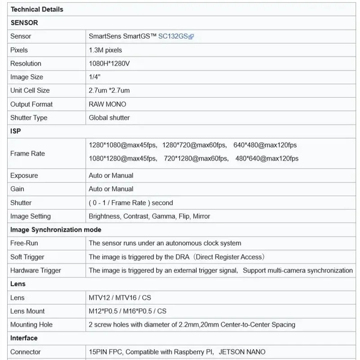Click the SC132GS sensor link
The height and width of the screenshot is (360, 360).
173,36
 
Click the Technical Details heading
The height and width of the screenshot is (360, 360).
37,9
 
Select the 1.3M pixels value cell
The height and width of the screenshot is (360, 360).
105,50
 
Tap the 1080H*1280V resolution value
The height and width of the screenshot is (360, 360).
109,63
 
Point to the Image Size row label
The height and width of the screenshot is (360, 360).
27,77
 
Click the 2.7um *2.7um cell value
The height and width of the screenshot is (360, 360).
109,90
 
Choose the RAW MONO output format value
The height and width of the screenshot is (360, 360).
107,104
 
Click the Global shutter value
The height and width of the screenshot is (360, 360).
109,117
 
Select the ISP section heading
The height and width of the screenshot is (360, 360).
16,131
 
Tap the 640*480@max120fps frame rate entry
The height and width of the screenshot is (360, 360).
265,145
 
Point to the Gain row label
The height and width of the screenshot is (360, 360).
17,189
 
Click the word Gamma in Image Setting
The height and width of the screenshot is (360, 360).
164,216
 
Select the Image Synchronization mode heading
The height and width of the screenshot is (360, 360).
56,229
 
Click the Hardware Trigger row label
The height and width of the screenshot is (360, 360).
36,270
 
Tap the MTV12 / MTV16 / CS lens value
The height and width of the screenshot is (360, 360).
120,297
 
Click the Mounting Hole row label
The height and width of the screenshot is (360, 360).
31,324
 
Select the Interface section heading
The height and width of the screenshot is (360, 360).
24,338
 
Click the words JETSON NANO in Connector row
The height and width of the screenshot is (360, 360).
242,352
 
